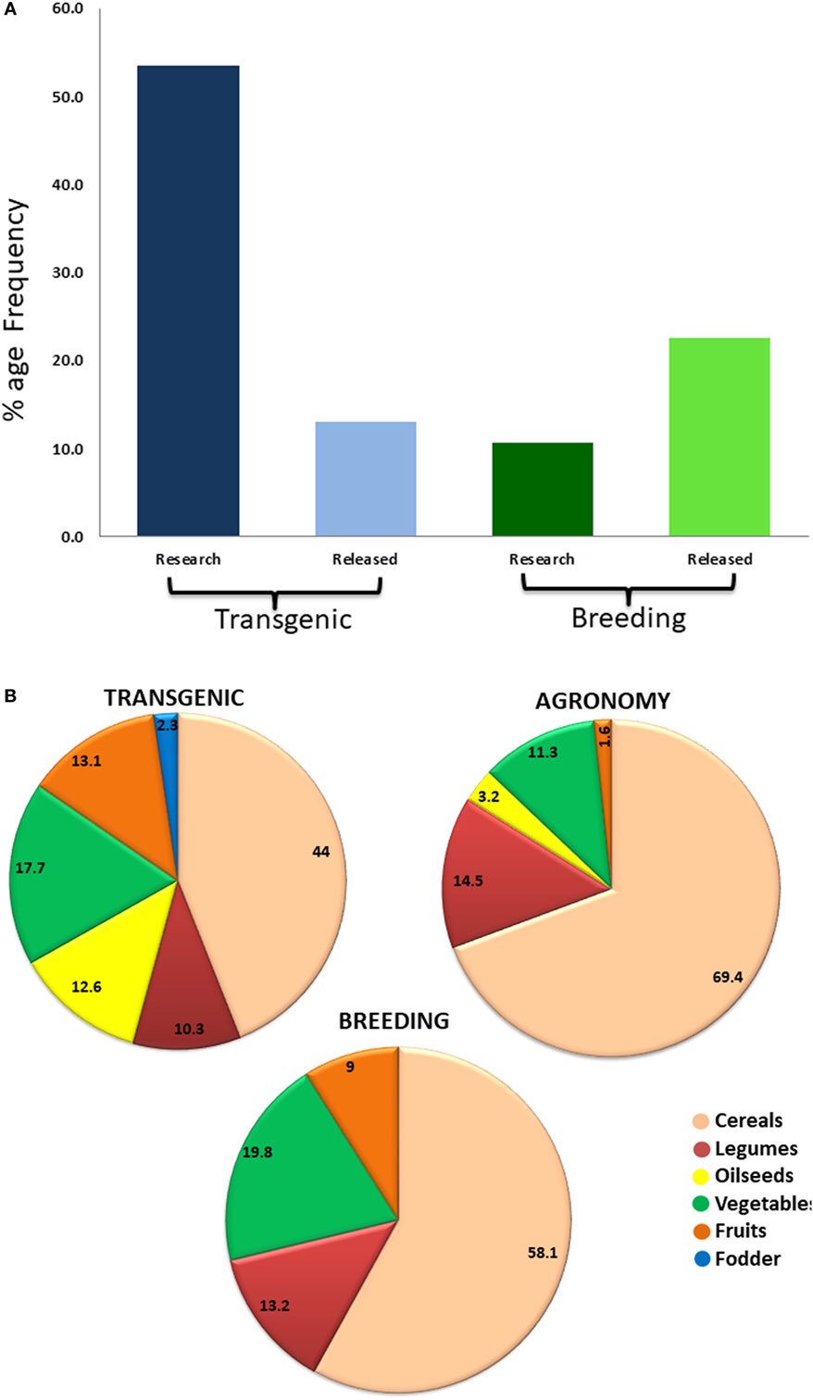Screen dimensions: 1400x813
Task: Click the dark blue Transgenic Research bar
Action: tap(188, 301)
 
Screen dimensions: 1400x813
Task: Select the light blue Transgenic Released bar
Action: tap(366, 479)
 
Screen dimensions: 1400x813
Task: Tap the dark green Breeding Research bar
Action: tap(542, 490)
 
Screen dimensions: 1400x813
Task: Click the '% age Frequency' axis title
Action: tap(16, 310)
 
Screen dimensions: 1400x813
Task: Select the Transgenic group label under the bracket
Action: tap(283, 619)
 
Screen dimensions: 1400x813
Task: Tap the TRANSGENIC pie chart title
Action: tap(174, 697)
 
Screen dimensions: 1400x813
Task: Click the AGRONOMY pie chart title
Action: tap(602, 701)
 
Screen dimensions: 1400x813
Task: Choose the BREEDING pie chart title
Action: tap(394, 1020)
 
